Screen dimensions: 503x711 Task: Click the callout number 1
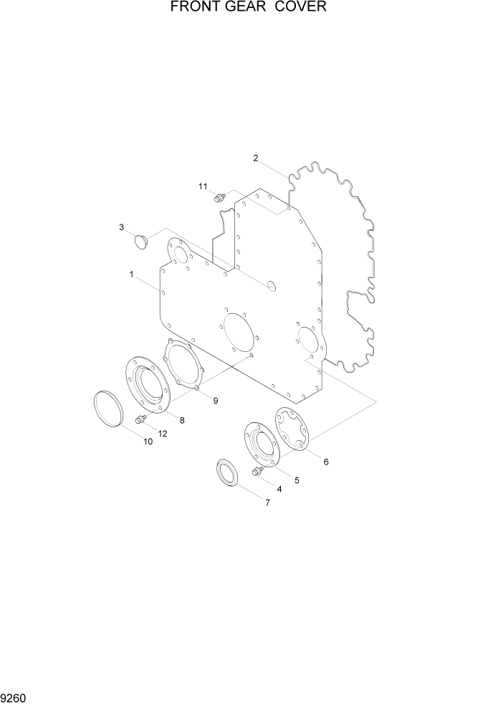tap(132, 275)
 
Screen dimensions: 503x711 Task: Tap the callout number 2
tap(256, 158)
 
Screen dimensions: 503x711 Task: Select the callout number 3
tap(122, 227)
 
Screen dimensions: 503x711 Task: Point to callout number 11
tap(203, 186)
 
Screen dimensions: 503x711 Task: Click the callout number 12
tap(162, 434)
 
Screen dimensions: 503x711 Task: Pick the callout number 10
tap(148, 442)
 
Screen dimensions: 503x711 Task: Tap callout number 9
tap(215, 401)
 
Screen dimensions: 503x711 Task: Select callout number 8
tap(182, 421)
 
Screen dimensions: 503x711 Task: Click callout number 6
tap(326, 462)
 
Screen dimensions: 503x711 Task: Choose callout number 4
tap(279, 490)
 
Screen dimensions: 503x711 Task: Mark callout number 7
tap(267, 502)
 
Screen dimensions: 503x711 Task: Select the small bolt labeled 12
tap(140, 419)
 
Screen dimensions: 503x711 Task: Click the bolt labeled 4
tap(256, 471)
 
